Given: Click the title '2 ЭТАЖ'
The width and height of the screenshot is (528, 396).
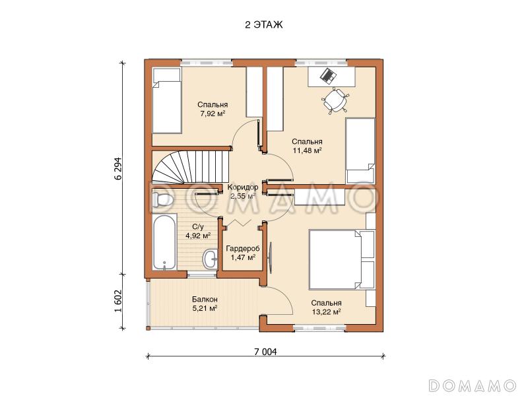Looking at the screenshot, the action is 264,25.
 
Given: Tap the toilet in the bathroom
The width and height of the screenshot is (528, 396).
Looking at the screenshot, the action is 162,200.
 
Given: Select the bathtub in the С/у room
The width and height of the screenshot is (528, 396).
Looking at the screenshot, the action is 164,242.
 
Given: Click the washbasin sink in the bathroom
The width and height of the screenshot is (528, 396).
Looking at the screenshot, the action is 211,259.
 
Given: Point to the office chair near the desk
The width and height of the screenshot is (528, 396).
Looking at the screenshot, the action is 335,100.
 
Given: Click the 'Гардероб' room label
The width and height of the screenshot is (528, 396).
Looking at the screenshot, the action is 243,249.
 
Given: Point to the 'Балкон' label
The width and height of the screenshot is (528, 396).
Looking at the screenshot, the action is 205,299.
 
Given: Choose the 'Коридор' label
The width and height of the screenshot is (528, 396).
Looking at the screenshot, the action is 243,187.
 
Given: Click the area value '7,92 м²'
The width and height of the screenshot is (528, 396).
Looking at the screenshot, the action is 213,114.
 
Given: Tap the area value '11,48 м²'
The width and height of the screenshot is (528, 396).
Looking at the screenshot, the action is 307,150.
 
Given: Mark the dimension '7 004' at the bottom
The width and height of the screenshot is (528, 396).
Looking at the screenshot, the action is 266,352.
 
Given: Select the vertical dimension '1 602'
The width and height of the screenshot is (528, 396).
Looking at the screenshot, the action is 118,301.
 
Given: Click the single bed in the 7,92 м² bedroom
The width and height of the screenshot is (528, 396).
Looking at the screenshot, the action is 167,100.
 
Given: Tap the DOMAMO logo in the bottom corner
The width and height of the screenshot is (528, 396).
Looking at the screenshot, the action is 472,385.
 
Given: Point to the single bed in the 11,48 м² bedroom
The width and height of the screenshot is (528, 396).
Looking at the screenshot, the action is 360,150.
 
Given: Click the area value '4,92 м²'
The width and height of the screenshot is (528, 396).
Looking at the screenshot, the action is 198,236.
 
